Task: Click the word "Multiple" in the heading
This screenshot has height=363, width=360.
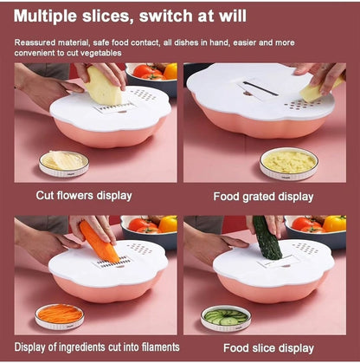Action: (46, 16)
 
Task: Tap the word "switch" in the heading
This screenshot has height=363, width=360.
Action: (166, 16)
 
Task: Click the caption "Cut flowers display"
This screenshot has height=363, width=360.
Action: (84, 196)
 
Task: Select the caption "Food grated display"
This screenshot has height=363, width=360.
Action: (263, 197)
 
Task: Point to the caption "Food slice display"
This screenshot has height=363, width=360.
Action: (268, 348)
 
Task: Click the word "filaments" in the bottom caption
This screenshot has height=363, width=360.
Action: (158, 347)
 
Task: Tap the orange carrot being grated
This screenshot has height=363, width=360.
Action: (99, 242)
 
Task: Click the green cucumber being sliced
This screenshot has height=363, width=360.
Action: (267, 237)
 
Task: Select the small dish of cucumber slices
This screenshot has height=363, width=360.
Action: (226, 318)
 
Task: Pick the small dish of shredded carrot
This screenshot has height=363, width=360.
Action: (60, 316)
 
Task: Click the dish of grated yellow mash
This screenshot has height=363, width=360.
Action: (289, 164)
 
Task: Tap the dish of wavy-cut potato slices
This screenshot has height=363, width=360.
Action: (64, 164)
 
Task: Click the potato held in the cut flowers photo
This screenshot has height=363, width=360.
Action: (104, 86)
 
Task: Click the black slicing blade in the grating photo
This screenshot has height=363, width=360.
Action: (260, 88)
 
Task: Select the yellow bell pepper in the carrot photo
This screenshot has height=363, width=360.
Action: (168, 224)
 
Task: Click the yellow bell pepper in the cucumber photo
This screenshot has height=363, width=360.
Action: (335, 224)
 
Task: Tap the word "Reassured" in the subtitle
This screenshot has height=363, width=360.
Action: (35, 42)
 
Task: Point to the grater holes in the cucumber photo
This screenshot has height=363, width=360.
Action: (305, 248)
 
